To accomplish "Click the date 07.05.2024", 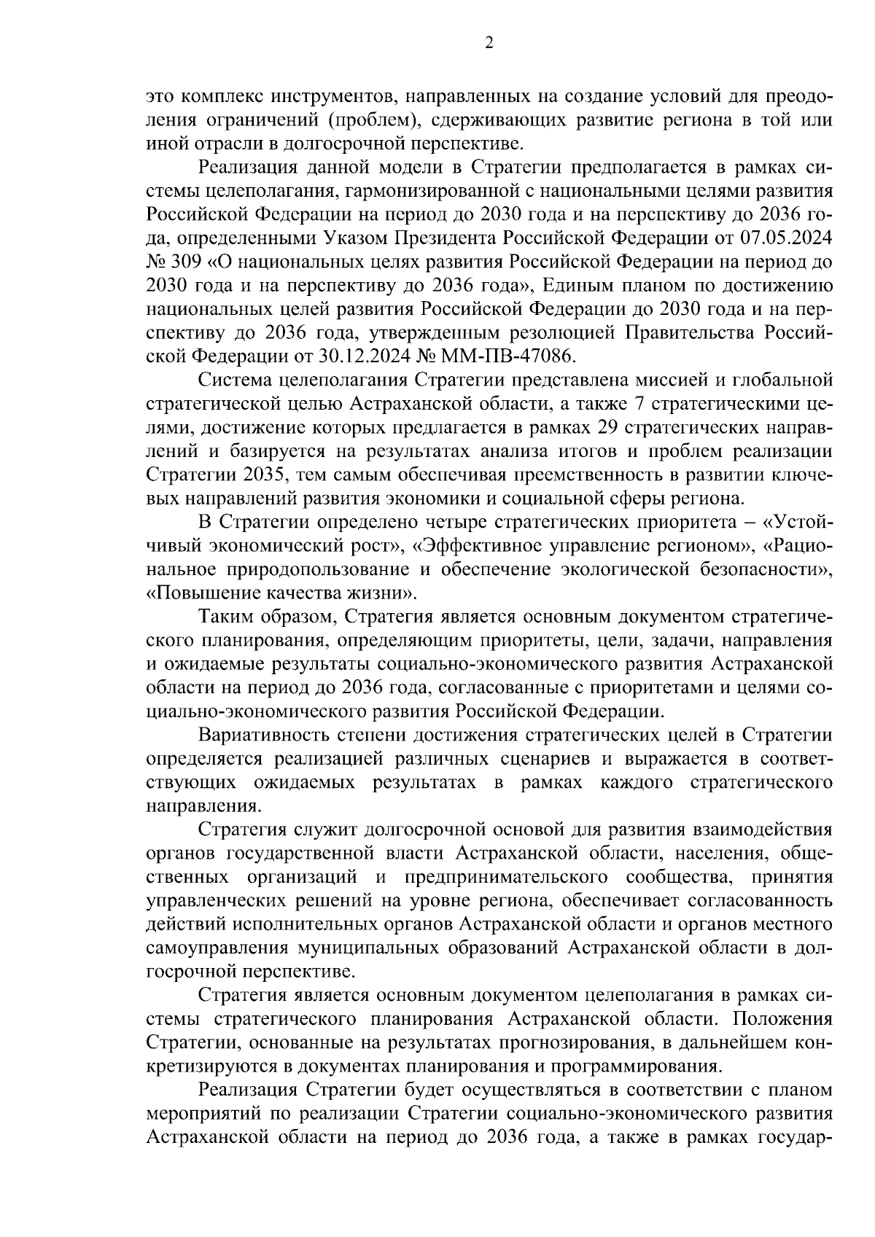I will tap(791, 238).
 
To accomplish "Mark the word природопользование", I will tap(328, 569).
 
